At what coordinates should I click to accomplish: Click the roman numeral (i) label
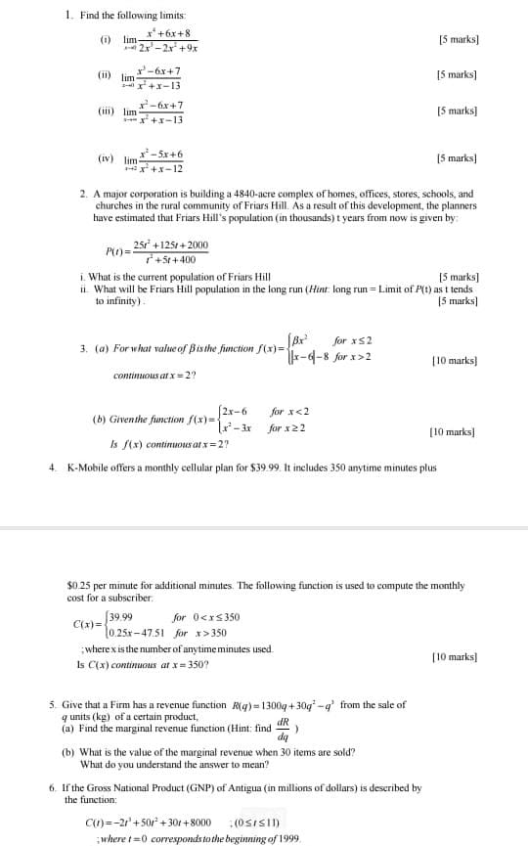[105, 40]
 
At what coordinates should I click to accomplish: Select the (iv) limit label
[105, 158]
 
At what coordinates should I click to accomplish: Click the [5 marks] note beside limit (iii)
[458, 111]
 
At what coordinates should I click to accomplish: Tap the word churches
[115, 206]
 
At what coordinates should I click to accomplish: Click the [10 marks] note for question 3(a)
[454, 361]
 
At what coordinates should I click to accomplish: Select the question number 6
[52, 787]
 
